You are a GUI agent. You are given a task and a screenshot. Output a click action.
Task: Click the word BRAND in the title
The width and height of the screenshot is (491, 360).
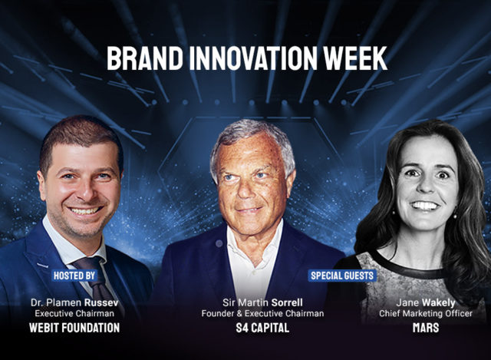(145, 58)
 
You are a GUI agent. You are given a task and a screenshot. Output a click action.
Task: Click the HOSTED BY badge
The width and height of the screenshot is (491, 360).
(74, 276)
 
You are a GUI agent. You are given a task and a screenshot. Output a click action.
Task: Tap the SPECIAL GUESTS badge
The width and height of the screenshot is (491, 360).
(342, 276)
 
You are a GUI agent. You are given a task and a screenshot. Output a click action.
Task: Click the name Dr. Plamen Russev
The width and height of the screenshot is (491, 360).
(74, 302)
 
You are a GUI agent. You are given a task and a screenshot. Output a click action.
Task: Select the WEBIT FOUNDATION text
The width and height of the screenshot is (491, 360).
(74, 328)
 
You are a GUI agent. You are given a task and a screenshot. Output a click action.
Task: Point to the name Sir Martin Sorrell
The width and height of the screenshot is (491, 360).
(262, 302)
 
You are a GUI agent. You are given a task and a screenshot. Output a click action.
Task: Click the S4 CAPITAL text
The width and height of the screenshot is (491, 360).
(262, 328)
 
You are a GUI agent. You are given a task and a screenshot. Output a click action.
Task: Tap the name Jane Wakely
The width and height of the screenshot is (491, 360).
(426, 302)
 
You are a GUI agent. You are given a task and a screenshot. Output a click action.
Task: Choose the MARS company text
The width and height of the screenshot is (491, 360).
(426, 328)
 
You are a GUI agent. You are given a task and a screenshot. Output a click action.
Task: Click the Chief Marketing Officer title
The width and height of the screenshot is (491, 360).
(426, 314)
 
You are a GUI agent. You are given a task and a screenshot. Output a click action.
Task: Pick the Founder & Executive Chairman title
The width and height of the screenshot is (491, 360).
(262, 314)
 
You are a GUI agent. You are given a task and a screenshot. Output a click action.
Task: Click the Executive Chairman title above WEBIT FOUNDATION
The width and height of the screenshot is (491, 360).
(74, 314)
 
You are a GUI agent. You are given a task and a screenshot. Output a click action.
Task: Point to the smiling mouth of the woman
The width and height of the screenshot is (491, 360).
(424, 206)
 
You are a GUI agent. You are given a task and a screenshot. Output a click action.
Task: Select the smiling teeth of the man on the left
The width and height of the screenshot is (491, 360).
(85, 210)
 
